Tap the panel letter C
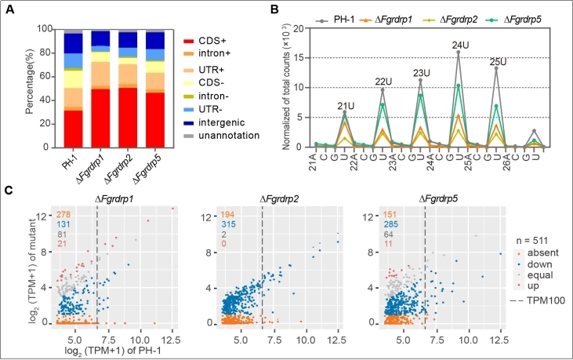[10, 189]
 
